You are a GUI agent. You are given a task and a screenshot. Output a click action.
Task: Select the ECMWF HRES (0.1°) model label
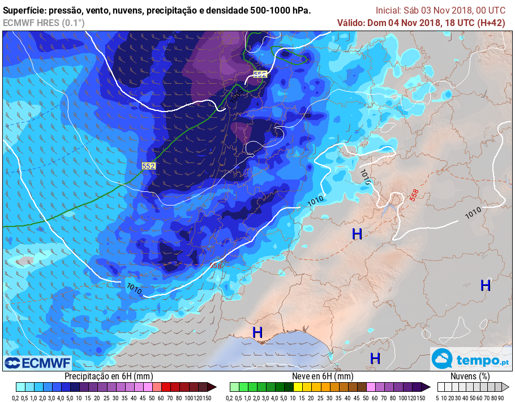tap(44, 23)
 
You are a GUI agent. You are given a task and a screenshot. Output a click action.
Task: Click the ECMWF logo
tap(37, 362)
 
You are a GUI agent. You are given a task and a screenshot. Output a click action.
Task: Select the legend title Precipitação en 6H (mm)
tap(109, 377)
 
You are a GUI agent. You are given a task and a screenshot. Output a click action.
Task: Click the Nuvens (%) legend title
tap(470, 377)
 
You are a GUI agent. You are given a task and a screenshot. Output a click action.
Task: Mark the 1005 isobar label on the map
tap(234, 97)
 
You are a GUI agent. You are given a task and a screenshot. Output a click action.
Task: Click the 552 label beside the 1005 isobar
tap(260, 74)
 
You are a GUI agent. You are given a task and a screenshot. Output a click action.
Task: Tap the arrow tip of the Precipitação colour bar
tap(213, 387)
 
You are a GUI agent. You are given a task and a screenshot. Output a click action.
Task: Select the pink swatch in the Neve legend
tap(371, 387)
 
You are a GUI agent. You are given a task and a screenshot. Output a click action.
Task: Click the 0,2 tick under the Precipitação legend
tap(19, 398)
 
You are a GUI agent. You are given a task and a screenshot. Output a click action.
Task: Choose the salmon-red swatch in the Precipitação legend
tap(157, 387)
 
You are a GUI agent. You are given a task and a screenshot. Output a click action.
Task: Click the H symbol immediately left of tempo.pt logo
tap(375, 358)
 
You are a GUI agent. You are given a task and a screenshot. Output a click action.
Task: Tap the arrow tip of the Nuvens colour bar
tap(507, 387)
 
